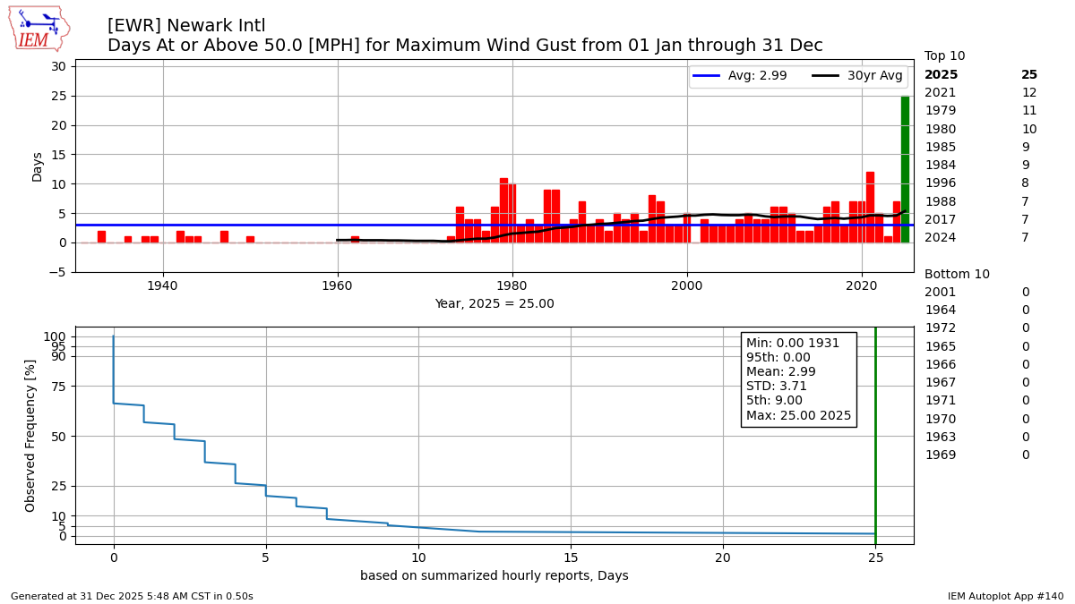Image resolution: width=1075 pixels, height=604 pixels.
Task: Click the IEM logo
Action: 39,30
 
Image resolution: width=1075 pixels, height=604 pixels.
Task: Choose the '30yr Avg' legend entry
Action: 857,76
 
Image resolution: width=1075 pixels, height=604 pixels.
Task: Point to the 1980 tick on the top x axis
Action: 512,260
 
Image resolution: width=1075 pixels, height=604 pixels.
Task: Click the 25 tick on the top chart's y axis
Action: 59,96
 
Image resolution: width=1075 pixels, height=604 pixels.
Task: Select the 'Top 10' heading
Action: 944,56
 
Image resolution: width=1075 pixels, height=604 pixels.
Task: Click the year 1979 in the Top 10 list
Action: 940,111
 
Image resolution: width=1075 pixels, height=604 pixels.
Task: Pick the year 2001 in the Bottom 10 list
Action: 940,293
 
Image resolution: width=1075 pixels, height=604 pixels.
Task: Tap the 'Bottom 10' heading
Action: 957,275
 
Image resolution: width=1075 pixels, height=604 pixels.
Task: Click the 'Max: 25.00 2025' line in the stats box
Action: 798,415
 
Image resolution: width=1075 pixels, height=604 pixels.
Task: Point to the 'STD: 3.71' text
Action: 777,387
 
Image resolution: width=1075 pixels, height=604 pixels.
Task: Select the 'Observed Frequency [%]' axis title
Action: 30,436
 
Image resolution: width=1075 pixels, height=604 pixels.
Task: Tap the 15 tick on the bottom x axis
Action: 570,557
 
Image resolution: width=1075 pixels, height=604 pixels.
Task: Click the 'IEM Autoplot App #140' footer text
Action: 1005,596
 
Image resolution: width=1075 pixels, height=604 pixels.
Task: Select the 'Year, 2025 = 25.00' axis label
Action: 494,304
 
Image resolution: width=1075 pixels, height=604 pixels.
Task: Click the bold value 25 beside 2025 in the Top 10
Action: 1029,75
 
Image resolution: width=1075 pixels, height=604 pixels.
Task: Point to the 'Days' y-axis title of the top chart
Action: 37,166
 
